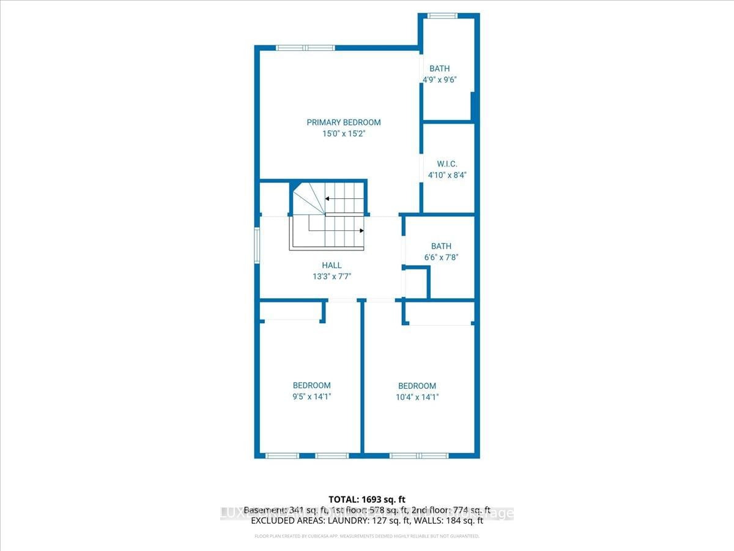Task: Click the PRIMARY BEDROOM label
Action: [x=343, y=122]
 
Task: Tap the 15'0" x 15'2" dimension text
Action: [x=343, y=133]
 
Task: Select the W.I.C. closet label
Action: [x=447, y=164]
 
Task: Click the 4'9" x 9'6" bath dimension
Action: [x=440, y=80]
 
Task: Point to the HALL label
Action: [x=332, y=265]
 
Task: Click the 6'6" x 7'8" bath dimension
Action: [x=440, y=257]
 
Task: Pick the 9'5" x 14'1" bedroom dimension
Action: [x=311, y=396]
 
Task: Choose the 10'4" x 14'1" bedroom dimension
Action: [x=417, y=397]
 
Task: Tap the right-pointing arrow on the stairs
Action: [x=361, y=231]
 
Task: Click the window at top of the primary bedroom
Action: [x=305, y=48]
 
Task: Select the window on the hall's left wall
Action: [x=258, y=245]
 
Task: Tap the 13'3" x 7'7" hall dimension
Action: [x=332, y=276]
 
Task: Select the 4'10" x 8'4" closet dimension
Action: [x=447, y=175]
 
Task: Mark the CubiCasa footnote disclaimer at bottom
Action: [x=366, y=536]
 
